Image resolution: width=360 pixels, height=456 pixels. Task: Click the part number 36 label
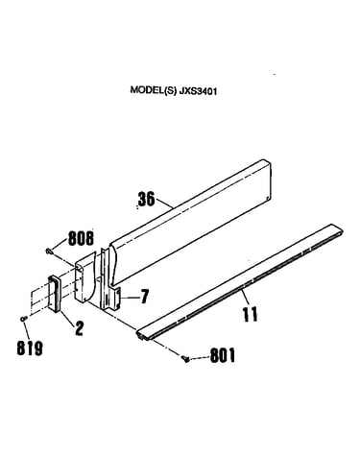click(x=146, y=199)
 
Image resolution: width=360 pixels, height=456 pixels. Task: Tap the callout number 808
click(x=81, y=238)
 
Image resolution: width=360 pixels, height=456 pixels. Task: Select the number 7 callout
click(x=145, y=297)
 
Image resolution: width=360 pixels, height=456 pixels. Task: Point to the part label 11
click(x=250, y=314)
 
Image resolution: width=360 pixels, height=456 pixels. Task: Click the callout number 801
click(x=223, y=355)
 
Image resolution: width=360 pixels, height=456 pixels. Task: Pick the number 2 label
click(x=79, y=328)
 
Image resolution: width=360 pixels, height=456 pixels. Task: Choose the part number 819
click(x=30, y=348)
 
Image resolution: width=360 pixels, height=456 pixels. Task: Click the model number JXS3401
click(x=198, y=91)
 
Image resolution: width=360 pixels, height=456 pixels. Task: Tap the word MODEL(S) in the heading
click(x=153, y=90)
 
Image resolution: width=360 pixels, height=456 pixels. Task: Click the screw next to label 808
click(x=49, y=252)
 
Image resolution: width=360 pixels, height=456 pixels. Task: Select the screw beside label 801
click(x=184, y=359)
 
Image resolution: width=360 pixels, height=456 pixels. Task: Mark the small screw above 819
click(x=23, y=319)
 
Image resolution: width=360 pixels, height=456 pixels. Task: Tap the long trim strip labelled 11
click(x=240, y=281)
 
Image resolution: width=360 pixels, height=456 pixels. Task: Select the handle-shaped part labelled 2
click(x=55, y=293)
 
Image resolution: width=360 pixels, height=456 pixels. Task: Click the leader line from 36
click(x=164, y=204)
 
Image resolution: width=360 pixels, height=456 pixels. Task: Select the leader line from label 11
click(x=245, y=298)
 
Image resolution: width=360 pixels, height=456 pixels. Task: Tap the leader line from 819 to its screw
click(x=27, y=330)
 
